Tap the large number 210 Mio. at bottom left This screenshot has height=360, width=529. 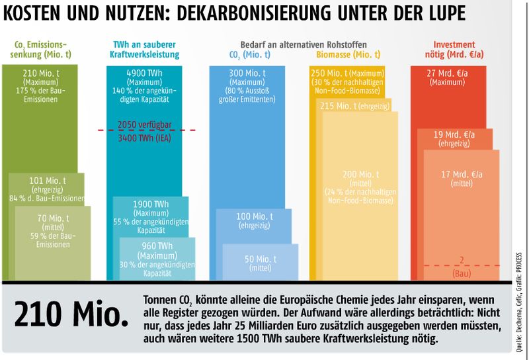[71, 315]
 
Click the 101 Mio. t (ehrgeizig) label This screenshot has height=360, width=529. [47, 180]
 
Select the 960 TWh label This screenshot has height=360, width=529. [157, 246]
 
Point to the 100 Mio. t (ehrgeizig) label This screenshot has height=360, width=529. [254, 217]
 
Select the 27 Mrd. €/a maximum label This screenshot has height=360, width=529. [448, 73]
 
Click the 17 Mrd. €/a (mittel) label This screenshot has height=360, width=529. [462, 175]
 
